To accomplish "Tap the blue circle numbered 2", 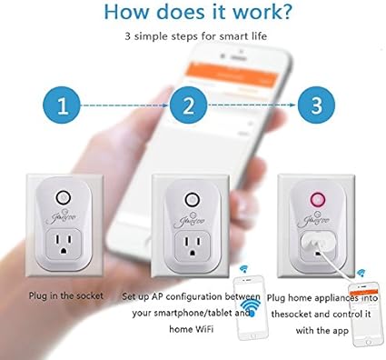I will [188, 105].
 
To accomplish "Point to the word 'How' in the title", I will [129, 14].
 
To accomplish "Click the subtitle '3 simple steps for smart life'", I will [192, 37].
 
